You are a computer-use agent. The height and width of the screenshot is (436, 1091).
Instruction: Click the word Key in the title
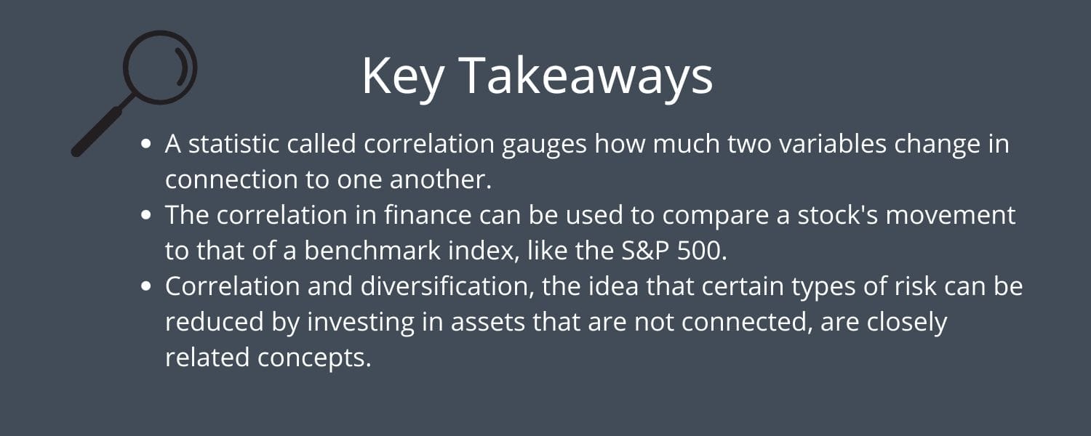[x=402, y=76]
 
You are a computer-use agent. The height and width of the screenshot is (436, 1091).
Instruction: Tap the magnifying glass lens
[x=160, y=67]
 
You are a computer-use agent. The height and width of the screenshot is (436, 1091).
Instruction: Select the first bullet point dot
[x=145, y=144]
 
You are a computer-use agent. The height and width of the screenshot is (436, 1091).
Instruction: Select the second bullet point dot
[x=145, y=215]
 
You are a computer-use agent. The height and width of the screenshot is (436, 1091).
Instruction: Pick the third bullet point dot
[x=145, y=286]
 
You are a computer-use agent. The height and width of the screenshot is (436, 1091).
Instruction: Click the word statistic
[x=233, y=144]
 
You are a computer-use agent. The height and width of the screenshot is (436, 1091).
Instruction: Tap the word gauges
[x=544, y=146]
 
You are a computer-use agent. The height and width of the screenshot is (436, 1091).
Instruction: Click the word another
[x=440, y=180]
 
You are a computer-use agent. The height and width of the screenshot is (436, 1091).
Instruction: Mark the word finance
[x=428, y=215]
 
